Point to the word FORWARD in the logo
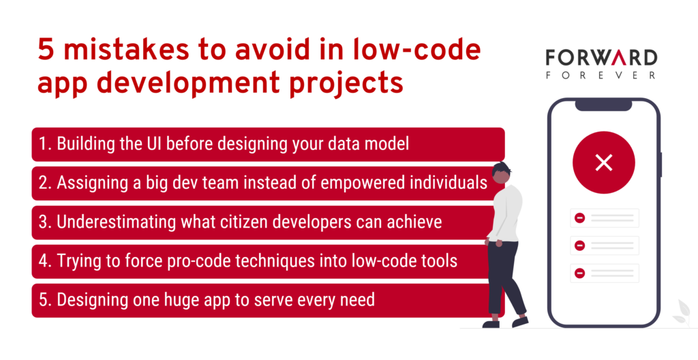click(x=601, y=58)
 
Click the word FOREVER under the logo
click(x=601, y=75)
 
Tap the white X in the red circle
click(x=604, y=163)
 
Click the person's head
click(x=501, y=172)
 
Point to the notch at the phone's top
click(x=603, y=106)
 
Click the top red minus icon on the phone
click(x=579, y=218)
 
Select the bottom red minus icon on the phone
click(x=579, y=273)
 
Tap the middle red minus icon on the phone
click(x=579, y=245)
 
